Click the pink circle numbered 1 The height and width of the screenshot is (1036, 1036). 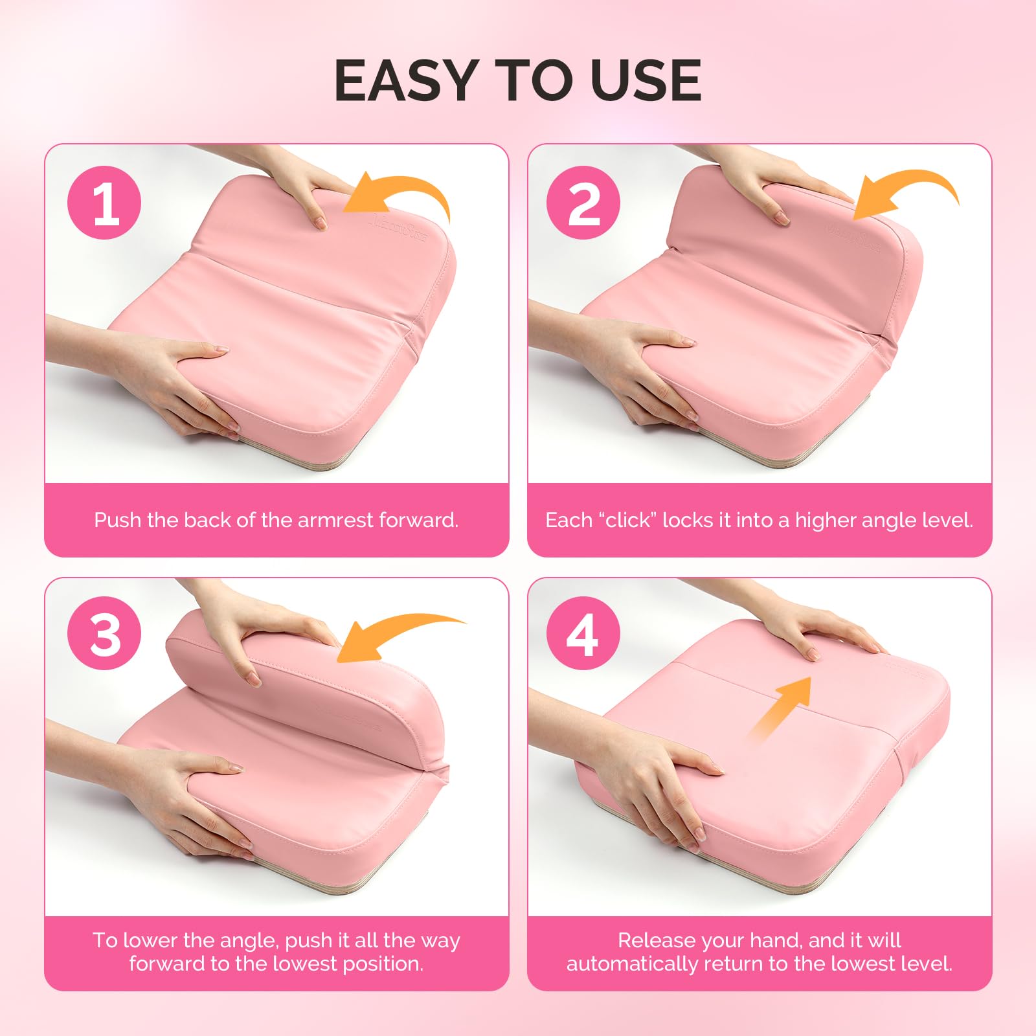(104, 203)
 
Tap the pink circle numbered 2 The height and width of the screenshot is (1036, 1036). (583, 203)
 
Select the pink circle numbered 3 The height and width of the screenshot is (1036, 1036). (104, 634)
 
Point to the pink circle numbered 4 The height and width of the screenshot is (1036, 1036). (583, 634)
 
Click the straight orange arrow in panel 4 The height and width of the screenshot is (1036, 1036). (780, 709)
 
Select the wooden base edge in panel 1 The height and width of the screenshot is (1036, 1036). (304, 456)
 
